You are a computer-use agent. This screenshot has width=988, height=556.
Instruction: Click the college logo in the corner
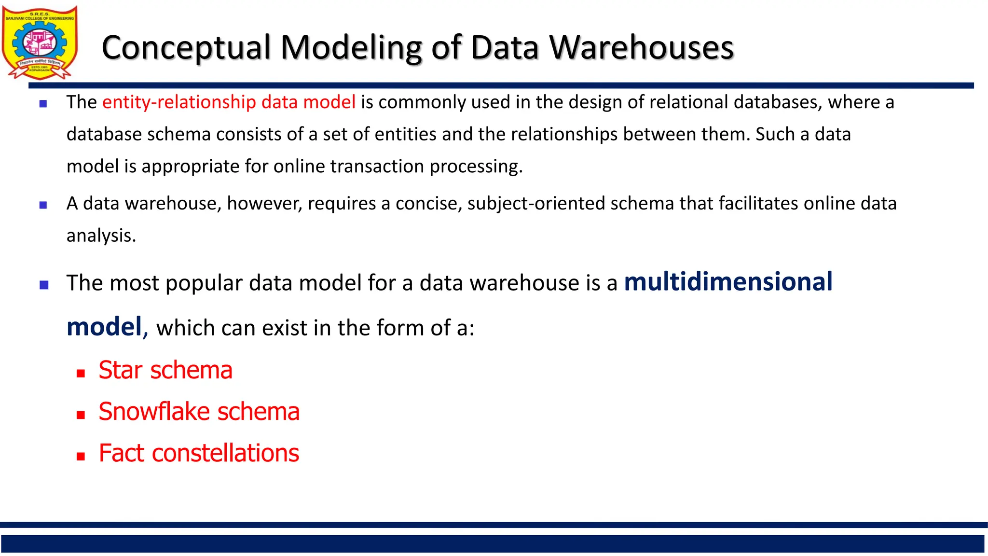pyautogui.click(x=40, y=42)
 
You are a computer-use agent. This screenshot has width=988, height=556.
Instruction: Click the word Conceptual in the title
pyautogui.click(x=186, y=48)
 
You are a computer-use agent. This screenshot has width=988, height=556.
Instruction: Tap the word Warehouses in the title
pyautogui.click(x=641, y=48)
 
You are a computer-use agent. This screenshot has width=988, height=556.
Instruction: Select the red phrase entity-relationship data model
pyautogui.click(x=229, y=102)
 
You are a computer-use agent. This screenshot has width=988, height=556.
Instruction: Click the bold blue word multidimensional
pyautogui.click(x=728, y=282)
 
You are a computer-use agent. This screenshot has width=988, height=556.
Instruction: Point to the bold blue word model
pyautogui.click(x=104, y=327)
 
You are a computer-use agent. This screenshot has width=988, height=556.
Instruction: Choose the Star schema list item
pyautogui.click(x=165, y=370)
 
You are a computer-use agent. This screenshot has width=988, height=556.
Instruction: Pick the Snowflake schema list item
pyautogui.click(x=199, y=412)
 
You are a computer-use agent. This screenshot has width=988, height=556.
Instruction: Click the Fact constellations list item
pyautogui.click(x=199, y=453)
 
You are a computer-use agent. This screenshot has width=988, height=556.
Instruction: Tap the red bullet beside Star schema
pyautogui.click(x=81, y=373)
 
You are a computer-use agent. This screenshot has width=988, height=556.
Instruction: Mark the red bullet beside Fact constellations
pyautogui.click(x=81, y=456)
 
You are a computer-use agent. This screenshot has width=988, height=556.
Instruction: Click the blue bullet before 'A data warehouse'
pyautogui.click(x=43, y=205)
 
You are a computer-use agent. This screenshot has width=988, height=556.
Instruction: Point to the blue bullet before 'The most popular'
pyautogui.click(x=44, y=285)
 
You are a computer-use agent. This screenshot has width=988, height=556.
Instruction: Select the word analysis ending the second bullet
pyautogui.click(x=101, y=236)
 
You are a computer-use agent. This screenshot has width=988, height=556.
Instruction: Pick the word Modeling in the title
pyautogui.click(x=351, y=48)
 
